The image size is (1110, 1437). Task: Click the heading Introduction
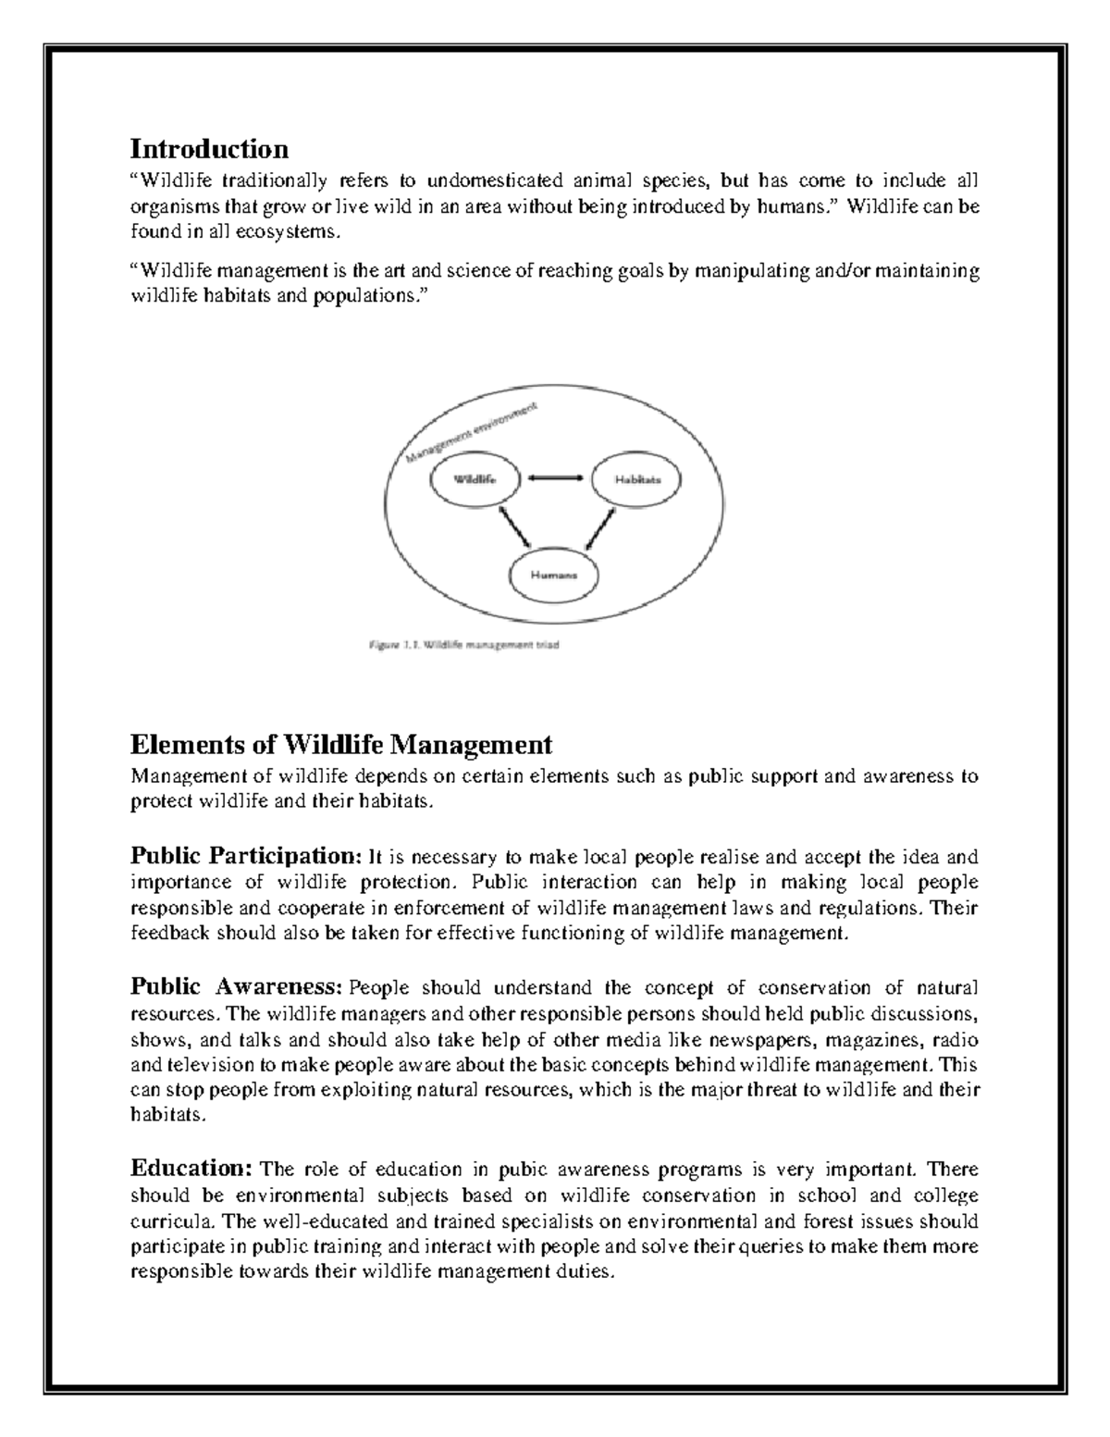coord(209,148)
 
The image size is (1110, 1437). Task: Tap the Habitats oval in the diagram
coord(637,479)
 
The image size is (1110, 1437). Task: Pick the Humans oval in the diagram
coord(554,573)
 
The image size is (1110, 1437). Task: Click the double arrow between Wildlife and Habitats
coord(555,478)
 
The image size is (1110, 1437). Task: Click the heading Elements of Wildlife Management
coord(341,744)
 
